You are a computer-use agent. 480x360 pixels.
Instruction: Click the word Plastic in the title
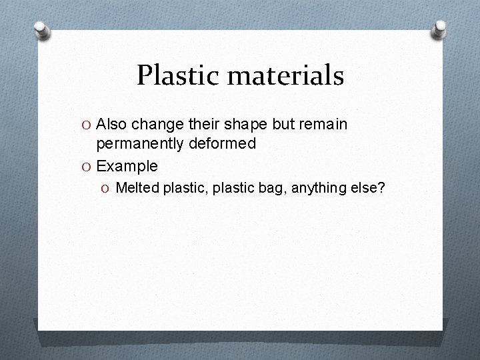177,76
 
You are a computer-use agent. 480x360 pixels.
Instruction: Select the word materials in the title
285,76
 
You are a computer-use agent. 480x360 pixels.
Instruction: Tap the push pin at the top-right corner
439,29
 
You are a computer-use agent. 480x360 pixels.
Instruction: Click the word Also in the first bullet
111,125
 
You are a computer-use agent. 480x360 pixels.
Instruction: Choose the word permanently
141,143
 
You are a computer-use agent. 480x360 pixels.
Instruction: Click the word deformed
223,143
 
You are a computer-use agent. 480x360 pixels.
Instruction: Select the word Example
127,166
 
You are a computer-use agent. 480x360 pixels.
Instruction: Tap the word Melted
136,189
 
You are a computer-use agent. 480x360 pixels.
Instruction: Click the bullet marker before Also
88,125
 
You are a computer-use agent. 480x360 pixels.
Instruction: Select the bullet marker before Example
88,166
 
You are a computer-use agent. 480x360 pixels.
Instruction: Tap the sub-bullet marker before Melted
107,189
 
